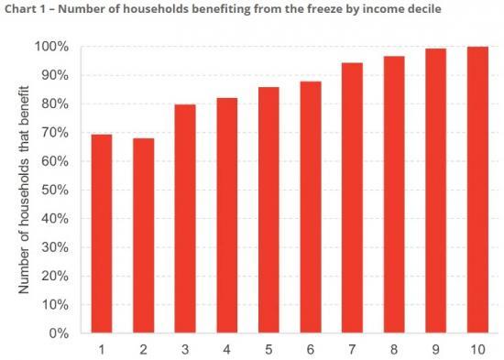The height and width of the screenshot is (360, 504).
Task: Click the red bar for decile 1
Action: [102, 234]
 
